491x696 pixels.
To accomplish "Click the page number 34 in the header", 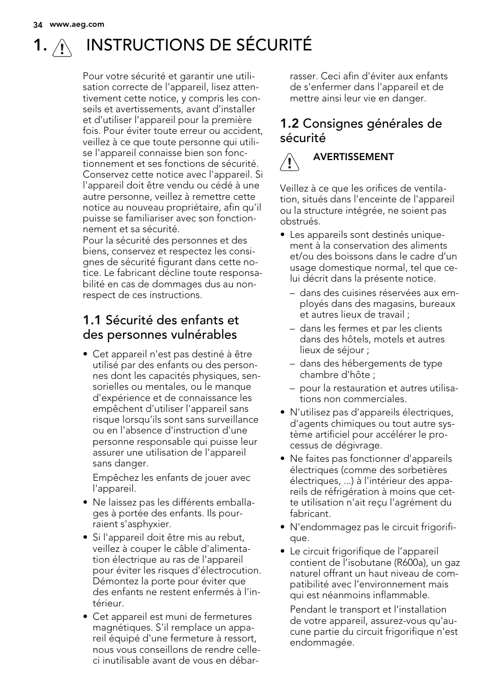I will coord(37,24).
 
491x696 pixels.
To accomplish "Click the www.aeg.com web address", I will coord(77,24).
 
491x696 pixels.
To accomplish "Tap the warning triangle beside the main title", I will coord(62,47).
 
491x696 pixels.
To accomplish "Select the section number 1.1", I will coord(92,320).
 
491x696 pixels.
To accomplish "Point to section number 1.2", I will coord(289,124).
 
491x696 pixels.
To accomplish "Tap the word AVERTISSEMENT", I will coord(353,157).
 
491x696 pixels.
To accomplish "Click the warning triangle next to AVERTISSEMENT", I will coord(290,162).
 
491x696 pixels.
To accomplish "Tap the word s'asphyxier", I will coord(145,524).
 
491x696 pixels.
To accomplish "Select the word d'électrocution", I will coord(226,570).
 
